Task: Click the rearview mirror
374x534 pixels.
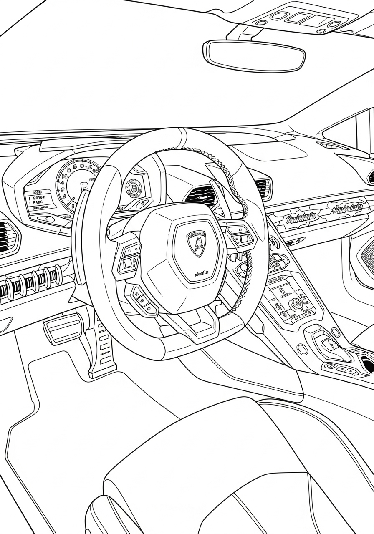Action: coord(254,55)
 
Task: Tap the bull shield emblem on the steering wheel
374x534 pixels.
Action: coord(196,244)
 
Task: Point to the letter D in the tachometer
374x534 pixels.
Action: coord(84,186)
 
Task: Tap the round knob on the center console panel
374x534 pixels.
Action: coord(296,304)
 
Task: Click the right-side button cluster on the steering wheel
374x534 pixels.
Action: coord(240,236)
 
